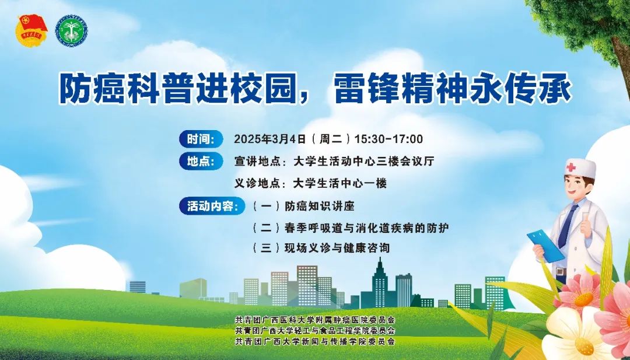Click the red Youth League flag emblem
(x=32, y=30)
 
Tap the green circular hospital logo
(x=72, y=30)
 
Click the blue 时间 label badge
(x=201, y=139)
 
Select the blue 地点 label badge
(x=201, y=161)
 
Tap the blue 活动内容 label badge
(x=212, y=206)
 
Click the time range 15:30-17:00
(x=388, y=139)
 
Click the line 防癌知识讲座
(x=320, y=206)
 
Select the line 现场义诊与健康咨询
(x=337, y=247)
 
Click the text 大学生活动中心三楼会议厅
(x=364, y=161)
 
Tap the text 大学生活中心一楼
(x=340, y=183)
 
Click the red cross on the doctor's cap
(x=570, y=167)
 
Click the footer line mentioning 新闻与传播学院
(x=314, y=341)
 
